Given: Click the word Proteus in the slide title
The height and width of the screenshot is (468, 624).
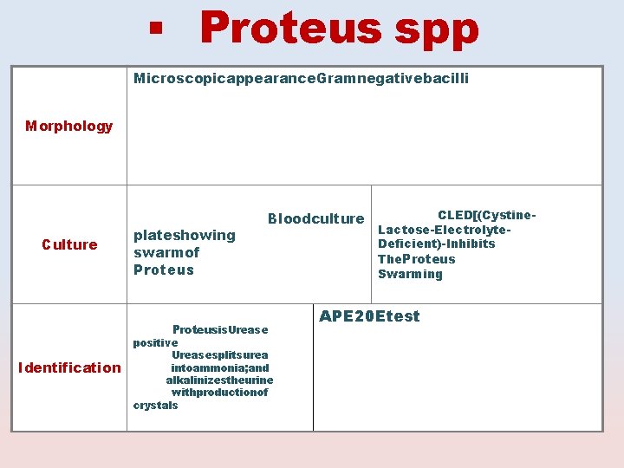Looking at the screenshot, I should pyautogui.click(x=290, y=28).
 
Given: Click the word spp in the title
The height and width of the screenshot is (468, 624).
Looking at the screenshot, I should pyautogui.click(x=436, y=29).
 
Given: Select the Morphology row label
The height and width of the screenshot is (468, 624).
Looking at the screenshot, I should pyautogui.click(x=68, y=127).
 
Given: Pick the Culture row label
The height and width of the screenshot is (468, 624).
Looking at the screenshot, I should pyautogui.click(x=69, y=244).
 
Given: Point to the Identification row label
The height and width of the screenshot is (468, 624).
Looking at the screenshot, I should pyautogui.click(x=69, y=367).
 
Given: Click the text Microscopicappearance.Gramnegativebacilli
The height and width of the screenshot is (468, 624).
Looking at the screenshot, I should pyautogui.click(x=301, y=79).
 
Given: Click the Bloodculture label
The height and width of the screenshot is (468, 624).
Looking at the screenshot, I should pyautogui.click(x=315, y=218).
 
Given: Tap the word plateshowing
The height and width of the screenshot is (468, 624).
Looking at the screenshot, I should pyautogui.click(x=184, y=235).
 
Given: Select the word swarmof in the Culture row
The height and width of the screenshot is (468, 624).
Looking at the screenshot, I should pyautogui.click(x=166, y=252).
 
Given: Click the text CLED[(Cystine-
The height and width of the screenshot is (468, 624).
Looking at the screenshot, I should pyautogui.click(x=487, y=215).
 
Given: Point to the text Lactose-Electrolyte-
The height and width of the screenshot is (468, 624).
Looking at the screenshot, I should pyautogui.click(x=444, y=230).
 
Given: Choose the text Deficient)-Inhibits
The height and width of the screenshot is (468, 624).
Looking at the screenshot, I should pyautogui.click(x=436, y=244).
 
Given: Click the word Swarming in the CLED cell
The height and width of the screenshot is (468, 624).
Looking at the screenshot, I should pyautogui.click(x=410, y=274).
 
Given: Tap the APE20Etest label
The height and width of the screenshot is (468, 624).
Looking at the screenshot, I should pyautogui.click(x=369, y=316).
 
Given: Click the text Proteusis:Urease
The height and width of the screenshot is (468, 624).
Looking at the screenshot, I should pyautogui.click(x=220, y=330).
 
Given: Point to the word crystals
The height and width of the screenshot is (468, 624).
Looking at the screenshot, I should pyautogui.click(x=155, y=405).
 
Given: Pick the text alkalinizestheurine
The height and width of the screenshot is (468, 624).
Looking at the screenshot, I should pyautogui.click(x=219, y=380).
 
